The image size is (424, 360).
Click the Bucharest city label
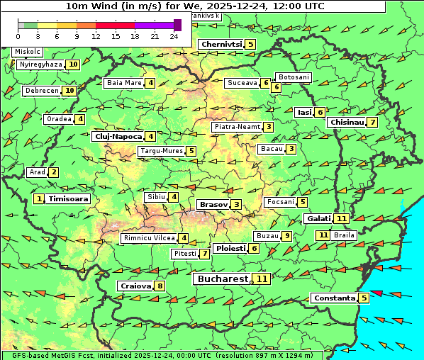point(223,279)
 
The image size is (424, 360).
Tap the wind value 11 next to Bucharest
point(262,279)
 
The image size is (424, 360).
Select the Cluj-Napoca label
point(118,136)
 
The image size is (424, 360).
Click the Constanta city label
point(333,298)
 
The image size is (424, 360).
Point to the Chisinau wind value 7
point(372,122)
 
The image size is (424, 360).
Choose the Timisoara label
point(68,199)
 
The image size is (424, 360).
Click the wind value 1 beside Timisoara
point(39,199)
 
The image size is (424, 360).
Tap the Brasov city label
point(213,205)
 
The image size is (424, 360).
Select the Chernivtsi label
point(221,44)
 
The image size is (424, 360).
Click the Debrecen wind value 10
point(69,91)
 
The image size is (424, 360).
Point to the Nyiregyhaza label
point(40,64)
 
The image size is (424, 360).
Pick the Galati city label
point(318,219)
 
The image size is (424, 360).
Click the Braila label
point(344,235)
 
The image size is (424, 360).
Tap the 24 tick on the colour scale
point(174,35)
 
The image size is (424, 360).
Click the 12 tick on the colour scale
point(96,35)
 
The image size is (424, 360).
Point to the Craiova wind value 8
point(160,286)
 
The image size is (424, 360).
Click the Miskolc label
point(28,52)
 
